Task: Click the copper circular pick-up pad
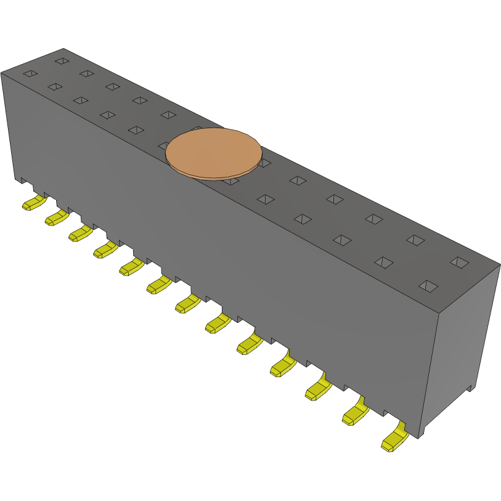click(x=213, y=153)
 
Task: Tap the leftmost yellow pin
click(x=33, y=203)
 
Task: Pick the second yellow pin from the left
click(x=56, y=217)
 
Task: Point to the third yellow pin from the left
click(x=80, y=233)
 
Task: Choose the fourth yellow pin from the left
click(x=105, y=249)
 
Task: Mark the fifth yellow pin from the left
click(x=131, y=266)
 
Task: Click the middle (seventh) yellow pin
click(x=187, y=303)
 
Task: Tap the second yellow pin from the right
click(x=354, y=413)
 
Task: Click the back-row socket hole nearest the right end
click(x=458, y=263)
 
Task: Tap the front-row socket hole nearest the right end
click(x=428, y=286)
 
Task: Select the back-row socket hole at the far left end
click(x=61, y=61)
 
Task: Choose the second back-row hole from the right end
click(x=415, y=240)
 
